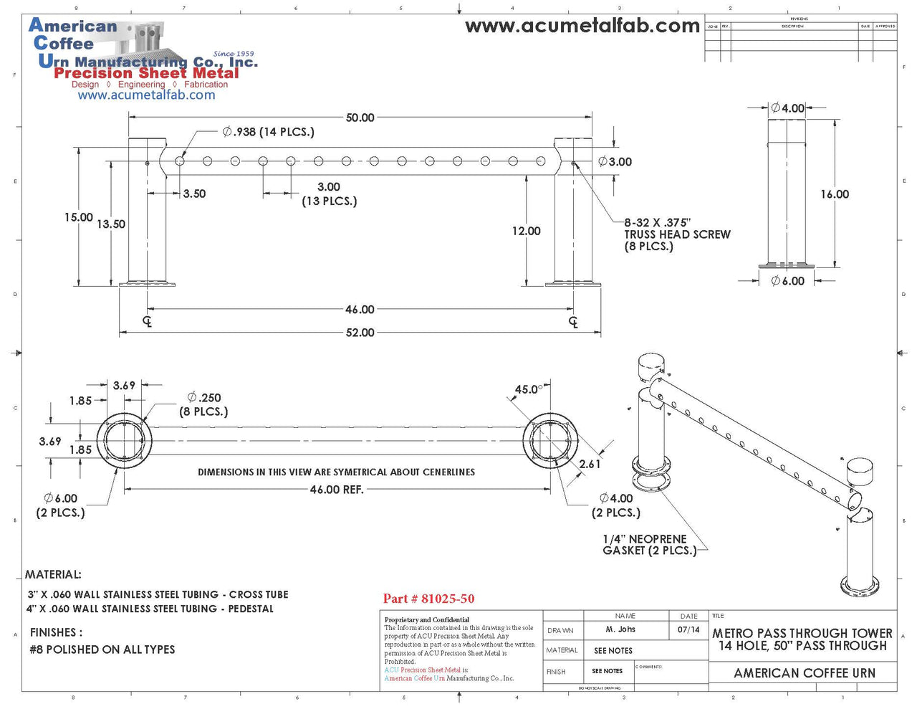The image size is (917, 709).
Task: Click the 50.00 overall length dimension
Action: tap(360, 118)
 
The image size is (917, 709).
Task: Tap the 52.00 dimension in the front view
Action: tap(360, 333)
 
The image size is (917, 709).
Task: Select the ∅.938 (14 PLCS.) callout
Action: tap(269, 132)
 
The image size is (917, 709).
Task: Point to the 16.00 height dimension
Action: tap(835, 194)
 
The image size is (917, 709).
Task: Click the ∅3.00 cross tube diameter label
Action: tap(615, 162)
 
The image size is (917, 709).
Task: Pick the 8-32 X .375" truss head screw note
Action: tap(676, 234)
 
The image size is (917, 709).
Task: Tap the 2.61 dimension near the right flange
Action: tap(590, 465)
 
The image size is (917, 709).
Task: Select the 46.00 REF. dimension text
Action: tap(336, 490)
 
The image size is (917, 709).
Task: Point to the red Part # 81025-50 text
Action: tap(428, 599)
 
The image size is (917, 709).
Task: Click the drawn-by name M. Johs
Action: tap(620, 629)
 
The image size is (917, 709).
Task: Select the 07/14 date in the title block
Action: tap(688, 629)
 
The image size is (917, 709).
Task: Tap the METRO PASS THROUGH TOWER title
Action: tap(802, 634)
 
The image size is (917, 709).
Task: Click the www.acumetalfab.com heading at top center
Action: tap(582, 27)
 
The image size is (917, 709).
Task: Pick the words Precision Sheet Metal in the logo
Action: tap(146, 73)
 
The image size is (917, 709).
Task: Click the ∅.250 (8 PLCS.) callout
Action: tap(204, 404)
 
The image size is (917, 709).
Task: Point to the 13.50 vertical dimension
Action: tap(111, 224)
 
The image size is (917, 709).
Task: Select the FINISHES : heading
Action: tap(56, 632)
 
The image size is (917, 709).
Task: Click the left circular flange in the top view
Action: tap(125, 440)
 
